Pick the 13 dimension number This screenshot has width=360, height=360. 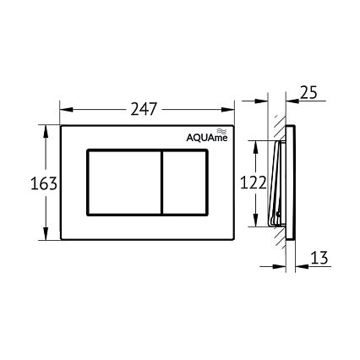click(x=319, y=258)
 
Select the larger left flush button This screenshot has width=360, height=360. click(x=123, y=183)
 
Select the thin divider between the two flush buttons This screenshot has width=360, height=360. click(x=161, y=183)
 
